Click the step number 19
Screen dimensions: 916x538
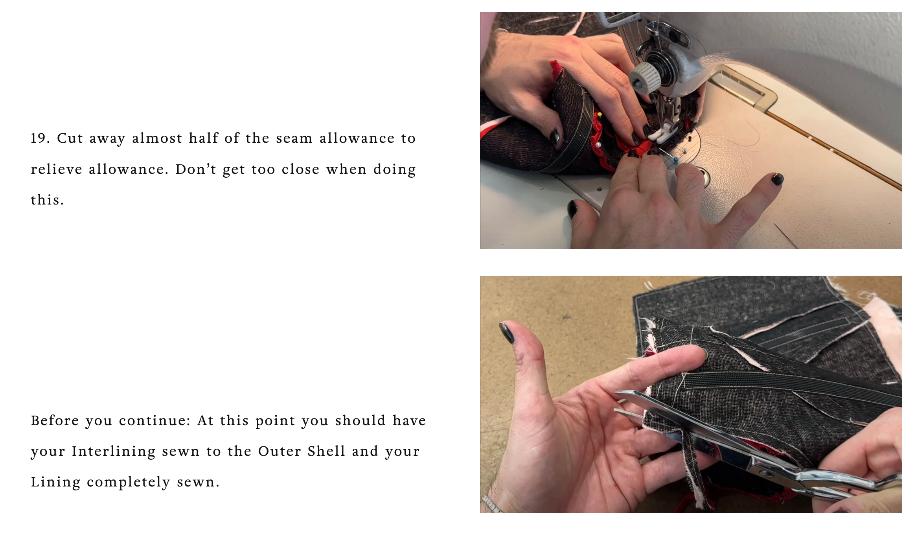pyautogui.click(x=40, y=138)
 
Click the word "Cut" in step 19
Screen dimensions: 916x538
pyautogui.click(x=70, y=138)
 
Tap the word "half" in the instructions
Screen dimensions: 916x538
pyautogui.click(x=203, y=138)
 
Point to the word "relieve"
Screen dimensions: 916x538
pyautogui.click(x=57, y=169)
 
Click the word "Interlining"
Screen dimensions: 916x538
pyautogui.click(x=114, y=451)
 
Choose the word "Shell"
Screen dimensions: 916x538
pyautogui.click(x=326, y=451)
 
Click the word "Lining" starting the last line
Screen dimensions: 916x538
pyautogui.click(x=55, y=482)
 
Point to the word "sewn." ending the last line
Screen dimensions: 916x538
pyautogui.click(x=198, y=482)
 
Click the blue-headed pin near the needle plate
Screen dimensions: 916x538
pyautogui.click(x=676, y=160)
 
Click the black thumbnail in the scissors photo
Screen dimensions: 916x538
pyautogui.click(x=507, y=332)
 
